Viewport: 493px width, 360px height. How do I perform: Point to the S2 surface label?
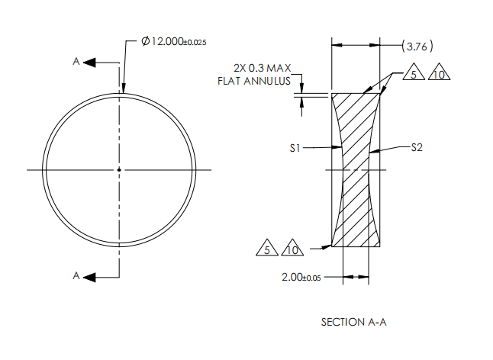[x=416, y=148]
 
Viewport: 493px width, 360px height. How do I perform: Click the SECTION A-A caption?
[x=354, y=322]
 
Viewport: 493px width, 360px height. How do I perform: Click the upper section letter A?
[x=76, y=62]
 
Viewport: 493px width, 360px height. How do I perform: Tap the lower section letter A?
[x=76, y=276]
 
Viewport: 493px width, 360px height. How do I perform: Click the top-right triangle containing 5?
[x=411, y=74]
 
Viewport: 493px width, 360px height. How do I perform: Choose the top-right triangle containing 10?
[x=440, y=74]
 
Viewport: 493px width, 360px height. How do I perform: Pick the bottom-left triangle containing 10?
[x=293, y=249]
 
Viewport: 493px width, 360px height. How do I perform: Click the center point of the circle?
[x=119, y=169]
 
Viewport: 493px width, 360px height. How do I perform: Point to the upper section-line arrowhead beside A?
[x=89, y=62]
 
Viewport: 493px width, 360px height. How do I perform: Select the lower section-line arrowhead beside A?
[x=89, y=276]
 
